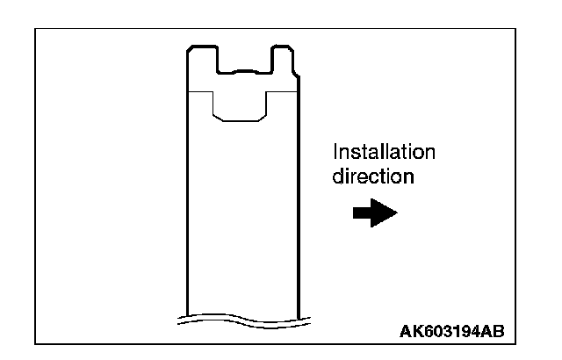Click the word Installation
click(x=383, y=152)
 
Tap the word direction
click(x=372, y=176)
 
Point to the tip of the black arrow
click(x=397, y=212)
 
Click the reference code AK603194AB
click(x=450, y=331)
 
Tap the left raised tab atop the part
click(x=203, y=60)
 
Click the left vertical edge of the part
click(x=187, y=202)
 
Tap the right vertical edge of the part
click(x=299, y=202)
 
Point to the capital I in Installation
click(x=335, y=152)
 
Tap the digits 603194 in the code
click(x=450, y=331)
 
